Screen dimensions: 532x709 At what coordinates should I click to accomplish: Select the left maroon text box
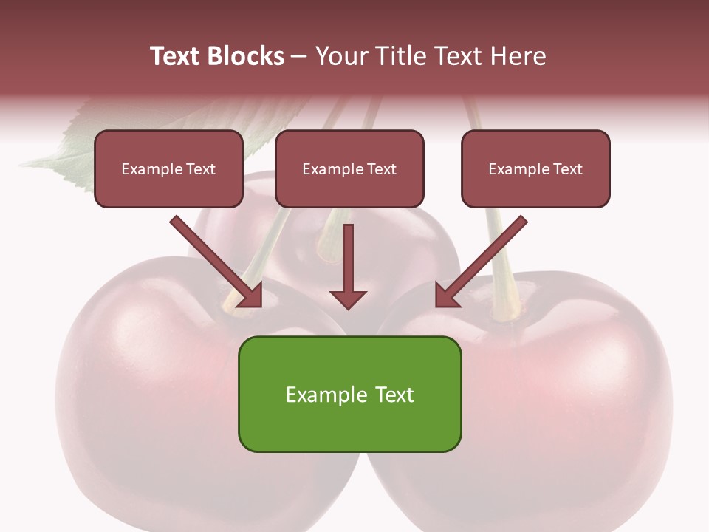[x=168, y=168]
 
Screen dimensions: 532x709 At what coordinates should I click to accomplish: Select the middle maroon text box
[x=349, y=168]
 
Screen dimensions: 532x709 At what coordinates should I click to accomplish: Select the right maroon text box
[x=535, y=168]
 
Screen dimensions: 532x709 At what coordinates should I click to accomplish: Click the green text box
[x=349, y=394]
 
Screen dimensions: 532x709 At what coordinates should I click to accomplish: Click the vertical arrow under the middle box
[x=348, y=262]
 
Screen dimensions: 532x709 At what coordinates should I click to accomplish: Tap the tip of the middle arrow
[x=348, y=307]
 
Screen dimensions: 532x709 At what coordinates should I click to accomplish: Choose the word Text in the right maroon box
[x=567, y=169]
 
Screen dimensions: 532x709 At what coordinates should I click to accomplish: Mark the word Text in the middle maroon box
[x=381, y=169]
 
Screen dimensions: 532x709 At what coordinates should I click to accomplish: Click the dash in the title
[x=299, y=57]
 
